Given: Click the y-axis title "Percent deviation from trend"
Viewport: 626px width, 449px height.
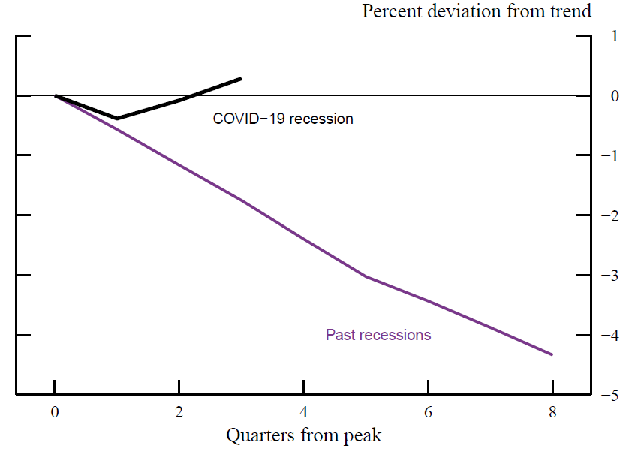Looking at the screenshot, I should pyautogui.click(x=477, y=11).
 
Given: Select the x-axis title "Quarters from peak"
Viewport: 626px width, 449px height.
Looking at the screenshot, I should pyautogui.click(x=304, y=435).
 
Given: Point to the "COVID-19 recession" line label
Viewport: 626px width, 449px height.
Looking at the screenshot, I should pyautogui.click(x=283, y=119).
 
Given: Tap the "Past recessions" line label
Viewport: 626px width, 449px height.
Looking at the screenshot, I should pyautogui.click(x=378, y=335).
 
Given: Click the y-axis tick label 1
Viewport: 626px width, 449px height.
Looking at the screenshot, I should pyautogui.click(x=615, y=36).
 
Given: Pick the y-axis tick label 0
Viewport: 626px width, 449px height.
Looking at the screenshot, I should pyautogui.click(x=615, y=96).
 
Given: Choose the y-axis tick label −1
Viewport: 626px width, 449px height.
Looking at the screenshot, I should pyautogui.click(x=611, y=155).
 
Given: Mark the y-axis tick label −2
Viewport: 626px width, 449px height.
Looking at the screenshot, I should pyautogui.click(x=611, y=215).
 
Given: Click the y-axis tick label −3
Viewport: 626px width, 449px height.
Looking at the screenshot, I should pyautogui.click(x=611, y=276).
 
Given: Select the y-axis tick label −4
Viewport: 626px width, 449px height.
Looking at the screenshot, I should pyautogui.click(x=611, y=335).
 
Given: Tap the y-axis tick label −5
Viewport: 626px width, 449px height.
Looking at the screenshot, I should pyautogui.click(x=611, y=395).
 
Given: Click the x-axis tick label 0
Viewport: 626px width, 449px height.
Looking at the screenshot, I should pyautogui.click(x=55, y=412).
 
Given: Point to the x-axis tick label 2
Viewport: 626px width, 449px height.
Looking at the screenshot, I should pyautogui.click(x=179, y=412).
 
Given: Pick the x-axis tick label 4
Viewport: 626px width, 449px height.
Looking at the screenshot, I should pyautogui.click(x=303, y=412).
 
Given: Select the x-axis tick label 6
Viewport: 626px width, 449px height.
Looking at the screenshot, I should pyautogui.click(x=428, y=412).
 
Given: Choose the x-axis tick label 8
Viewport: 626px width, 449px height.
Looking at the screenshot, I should pyautogui.click(x=552, y=412).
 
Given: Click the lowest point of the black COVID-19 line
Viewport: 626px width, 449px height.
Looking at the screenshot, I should pyautogui.click(x=117, y=119).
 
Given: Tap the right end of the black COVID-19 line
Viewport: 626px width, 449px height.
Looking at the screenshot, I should pyautogui.click(x=241, y=78).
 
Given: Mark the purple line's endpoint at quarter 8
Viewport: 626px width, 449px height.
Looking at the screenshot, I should pyautogui.click(x=552, y=354).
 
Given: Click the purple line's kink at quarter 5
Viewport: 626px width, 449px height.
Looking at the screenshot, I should pyautogui.click(x=366, y=276).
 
